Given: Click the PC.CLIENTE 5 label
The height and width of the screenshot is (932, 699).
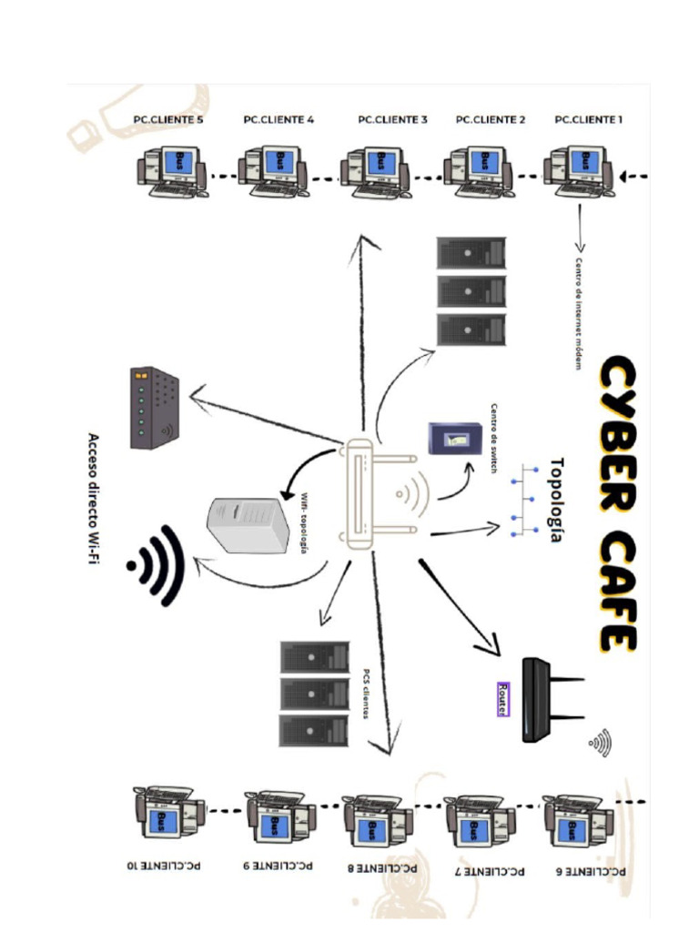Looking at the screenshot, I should tap(168, 119).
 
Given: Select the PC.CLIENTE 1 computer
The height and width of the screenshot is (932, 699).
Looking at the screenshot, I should tap(579, 170).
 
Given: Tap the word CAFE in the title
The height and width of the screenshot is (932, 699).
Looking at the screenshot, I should tap(616, 592).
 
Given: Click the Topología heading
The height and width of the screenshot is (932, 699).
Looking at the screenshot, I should tap(556, 500).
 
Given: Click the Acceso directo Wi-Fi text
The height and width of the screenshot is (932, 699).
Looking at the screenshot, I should tap(94, 498).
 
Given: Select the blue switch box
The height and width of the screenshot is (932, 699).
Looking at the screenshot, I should tap(454, 438).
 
